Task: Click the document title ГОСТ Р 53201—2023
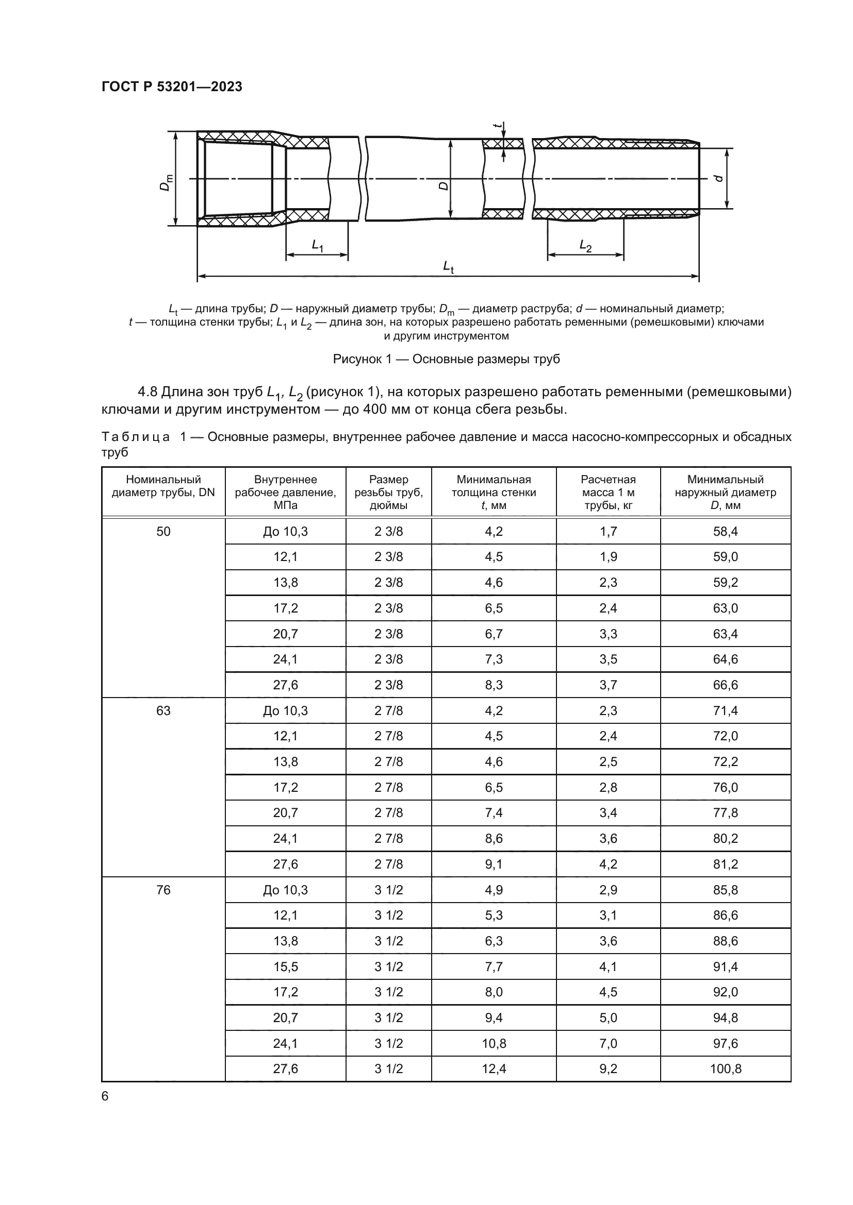point(172,87)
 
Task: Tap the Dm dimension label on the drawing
point(167,182)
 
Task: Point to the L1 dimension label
point(318,245)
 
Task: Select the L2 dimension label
point(586,245)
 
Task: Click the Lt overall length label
point(448,267)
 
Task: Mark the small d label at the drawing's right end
point(719,178)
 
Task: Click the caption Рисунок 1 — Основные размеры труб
point(446,359)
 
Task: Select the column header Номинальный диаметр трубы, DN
point(163,486)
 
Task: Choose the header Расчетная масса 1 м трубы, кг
point(608,493)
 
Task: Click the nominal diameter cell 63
point(163,710)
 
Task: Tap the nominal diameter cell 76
point(163,890)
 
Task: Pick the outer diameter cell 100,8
point(726,1068)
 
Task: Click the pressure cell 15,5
point(285,966)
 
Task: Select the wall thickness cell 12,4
point(494,1068)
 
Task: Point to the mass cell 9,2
point(608,1068)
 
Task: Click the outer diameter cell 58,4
point(726,532)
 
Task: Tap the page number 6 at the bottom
point(105,1096)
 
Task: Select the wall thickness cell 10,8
point(494,1043)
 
